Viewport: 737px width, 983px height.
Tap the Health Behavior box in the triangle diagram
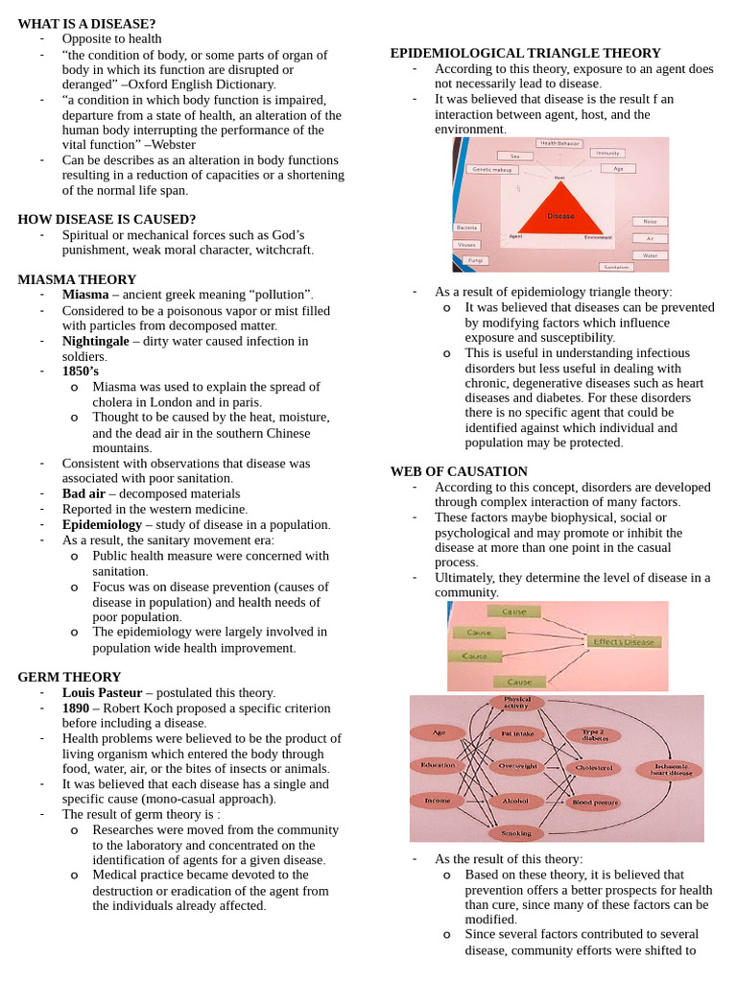(x=560, y=143)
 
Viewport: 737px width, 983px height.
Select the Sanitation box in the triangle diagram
(x=616, y=266)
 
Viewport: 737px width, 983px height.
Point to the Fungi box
(x=471, y=259)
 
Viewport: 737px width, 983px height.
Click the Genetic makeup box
(x=492, y=169)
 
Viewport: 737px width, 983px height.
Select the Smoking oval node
(x=516, y=833)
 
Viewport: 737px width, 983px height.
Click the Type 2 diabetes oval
(x=593, y=735)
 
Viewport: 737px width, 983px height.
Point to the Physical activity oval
(x=516, y=703)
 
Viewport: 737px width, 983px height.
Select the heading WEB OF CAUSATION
(x=459, y=471)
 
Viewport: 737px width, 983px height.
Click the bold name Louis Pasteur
(x=102, y=692)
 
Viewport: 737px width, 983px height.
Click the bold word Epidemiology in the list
(x=102, y=525)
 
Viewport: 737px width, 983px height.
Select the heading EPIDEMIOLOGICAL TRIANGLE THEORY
(x=525, y=53)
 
